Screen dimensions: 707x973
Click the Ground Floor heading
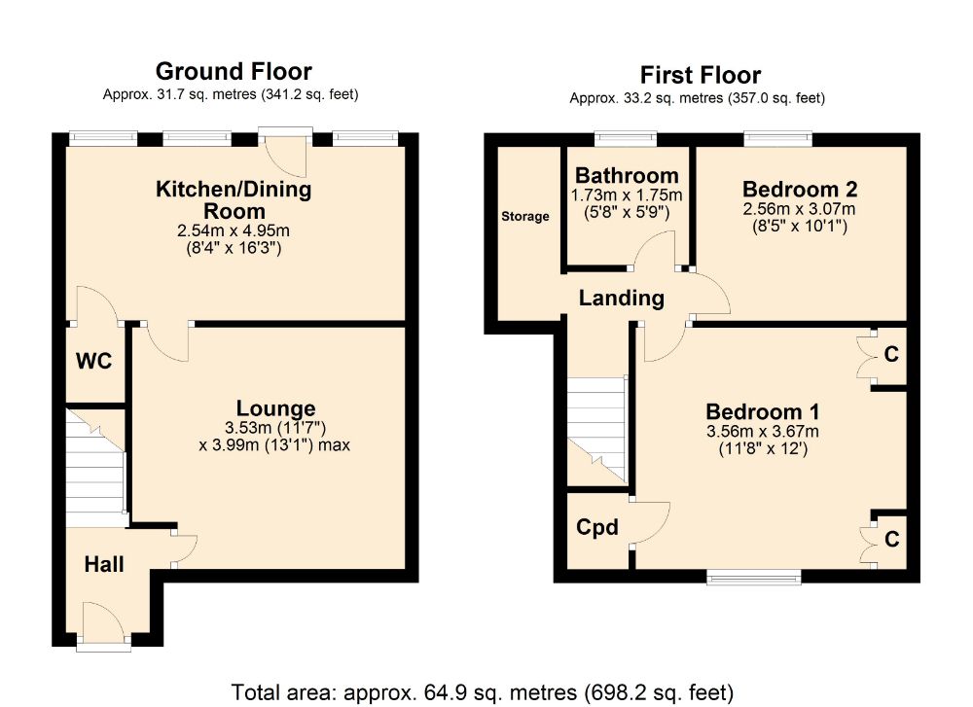pyautogui.click(x=234, y=71)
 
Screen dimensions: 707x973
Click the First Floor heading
pyautogui.click(x=700, y=75)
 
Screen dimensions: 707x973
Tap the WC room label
pyautogui.click(x=94, y=362)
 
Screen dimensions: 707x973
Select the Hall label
pyautogui.click(x=103, y=564)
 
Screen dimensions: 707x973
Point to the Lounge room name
pyautogui.click(x=275, y=408)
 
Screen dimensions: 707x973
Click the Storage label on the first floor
pyautogui.click(x=525, y=216)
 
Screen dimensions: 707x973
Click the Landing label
pyautogui.click(x=621, y=299)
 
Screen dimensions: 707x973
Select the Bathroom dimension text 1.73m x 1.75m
pyautogui.click(x=627, y=194)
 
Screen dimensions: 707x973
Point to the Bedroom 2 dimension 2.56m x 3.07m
pyautogui.click(x=799, y=209)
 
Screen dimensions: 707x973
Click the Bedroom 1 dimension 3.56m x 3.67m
pyautogui.click(x=763, y=432)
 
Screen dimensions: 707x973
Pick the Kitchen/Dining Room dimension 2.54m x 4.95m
pyautogui.click(x=234, y=231)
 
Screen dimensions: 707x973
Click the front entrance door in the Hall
pyautogui.click(x=103, y=622)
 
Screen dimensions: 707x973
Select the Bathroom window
pyautogui.click(x=626, y=139)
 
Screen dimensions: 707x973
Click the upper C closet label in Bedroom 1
pyautogui.click(x=889, y=355)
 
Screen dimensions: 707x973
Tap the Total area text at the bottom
pyautogui.click(x=482, y=691)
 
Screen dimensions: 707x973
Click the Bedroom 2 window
pyautogui.click(x=778, y=139)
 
